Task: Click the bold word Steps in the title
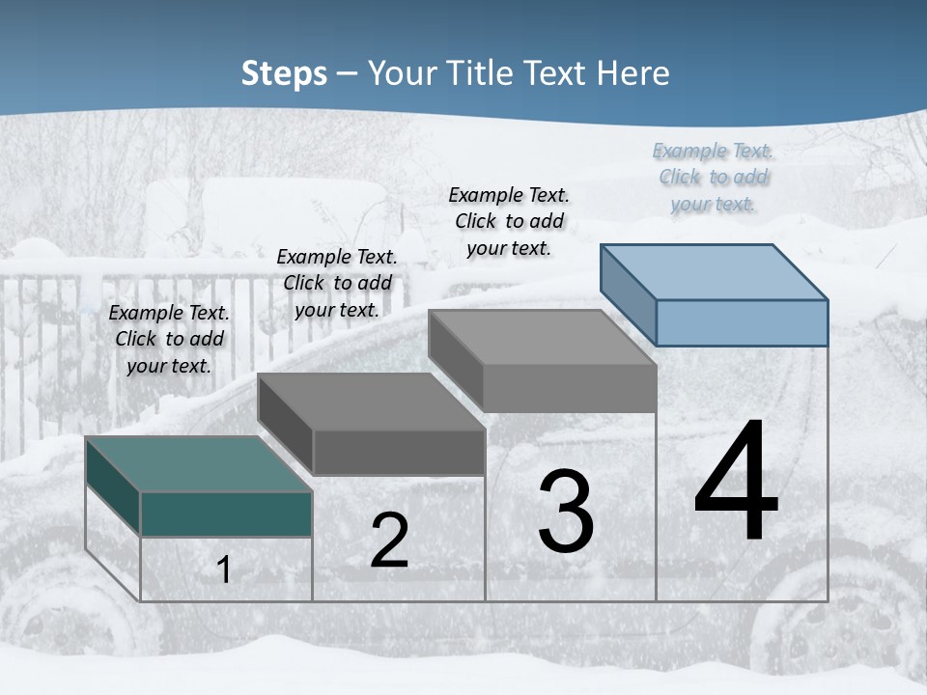284,73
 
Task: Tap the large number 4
736,483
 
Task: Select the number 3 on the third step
565,512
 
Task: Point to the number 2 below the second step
389,541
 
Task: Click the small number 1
224,570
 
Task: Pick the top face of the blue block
715,271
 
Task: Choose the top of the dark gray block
372,401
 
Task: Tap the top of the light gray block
543,337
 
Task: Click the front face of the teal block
226,514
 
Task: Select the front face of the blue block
742,322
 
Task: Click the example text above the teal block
169,339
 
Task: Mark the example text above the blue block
713,177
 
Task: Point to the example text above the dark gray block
337,283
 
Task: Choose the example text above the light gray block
509,221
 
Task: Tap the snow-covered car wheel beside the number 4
811,618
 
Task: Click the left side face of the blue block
628,293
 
